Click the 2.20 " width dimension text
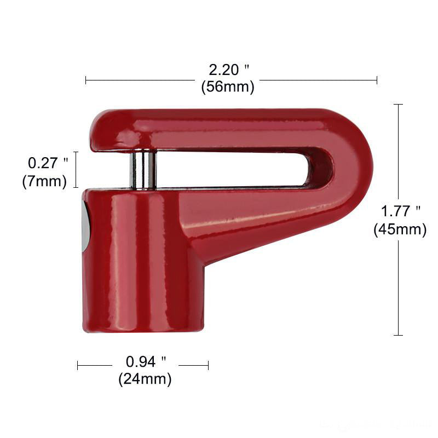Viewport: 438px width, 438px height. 229,70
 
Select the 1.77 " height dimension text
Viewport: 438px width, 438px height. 401,211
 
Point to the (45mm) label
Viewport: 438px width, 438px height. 400,229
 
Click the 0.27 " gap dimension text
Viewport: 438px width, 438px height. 48,163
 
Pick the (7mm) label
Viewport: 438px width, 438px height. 44,181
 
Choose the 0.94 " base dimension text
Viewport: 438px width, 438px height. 146,361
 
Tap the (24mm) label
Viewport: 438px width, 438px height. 145,378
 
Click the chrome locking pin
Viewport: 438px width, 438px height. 143,170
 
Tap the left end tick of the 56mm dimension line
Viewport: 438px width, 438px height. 86,80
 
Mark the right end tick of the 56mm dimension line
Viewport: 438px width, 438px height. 377,80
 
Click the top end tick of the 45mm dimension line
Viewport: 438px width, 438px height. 398,104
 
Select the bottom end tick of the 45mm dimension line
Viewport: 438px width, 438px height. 398,335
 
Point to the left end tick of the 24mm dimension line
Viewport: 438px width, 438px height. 78,365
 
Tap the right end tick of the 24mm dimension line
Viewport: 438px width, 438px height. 208,365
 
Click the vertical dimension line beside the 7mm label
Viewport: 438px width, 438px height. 76,170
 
